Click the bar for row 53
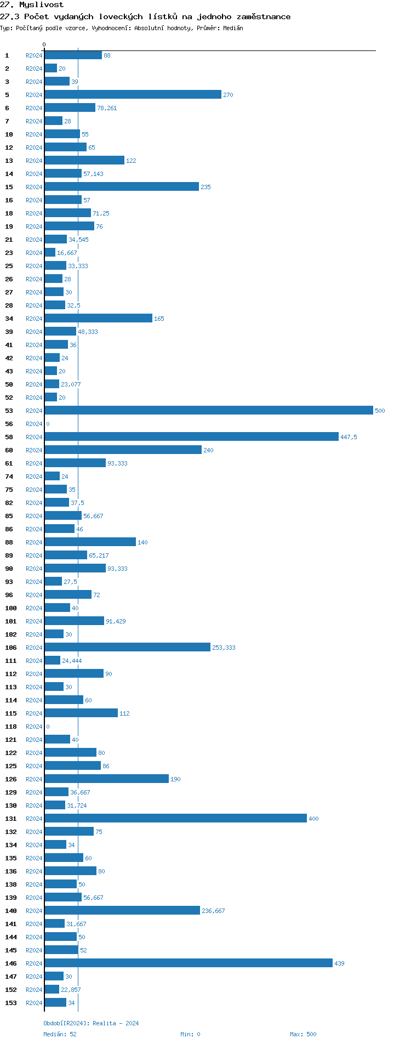(209, 410)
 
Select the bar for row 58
(192, 436)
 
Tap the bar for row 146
(189, 963)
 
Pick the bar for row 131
(176, 818)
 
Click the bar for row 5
(133, 94)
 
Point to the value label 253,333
(224, 648)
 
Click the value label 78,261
(107, 108)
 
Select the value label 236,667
(213, 911)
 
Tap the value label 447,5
(349, 437)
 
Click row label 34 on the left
(9, 319)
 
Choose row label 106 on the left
(11, 648)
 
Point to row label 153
(11, 1003)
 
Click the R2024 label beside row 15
(34, 187)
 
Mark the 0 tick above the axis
(44, 45)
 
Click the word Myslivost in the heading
(41, 5)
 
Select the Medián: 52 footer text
(60, 1034)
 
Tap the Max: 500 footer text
(303, 1034)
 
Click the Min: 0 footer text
(190, 1034)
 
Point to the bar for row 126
(107, 779)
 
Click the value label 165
(159, 319)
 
